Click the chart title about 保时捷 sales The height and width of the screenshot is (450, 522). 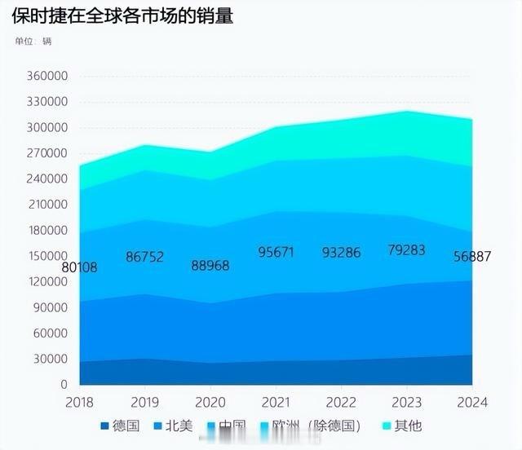pyautogui.click(x=122, y=17)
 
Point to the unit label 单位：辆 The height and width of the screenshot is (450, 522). pyautogui.click(x=33, y=42)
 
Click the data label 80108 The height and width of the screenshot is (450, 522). pyautogui.click(x=80, y=267)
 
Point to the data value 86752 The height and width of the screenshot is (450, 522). pyautogui.click(x=145, y=257)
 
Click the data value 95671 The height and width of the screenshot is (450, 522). pyautogui.click(x=276, y=252)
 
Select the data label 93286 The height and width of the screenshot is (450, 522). pyautogui.click(x=341, y=252)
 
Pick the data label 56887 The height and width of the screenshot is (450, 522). pyautogui.click(x=472, y=257)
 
